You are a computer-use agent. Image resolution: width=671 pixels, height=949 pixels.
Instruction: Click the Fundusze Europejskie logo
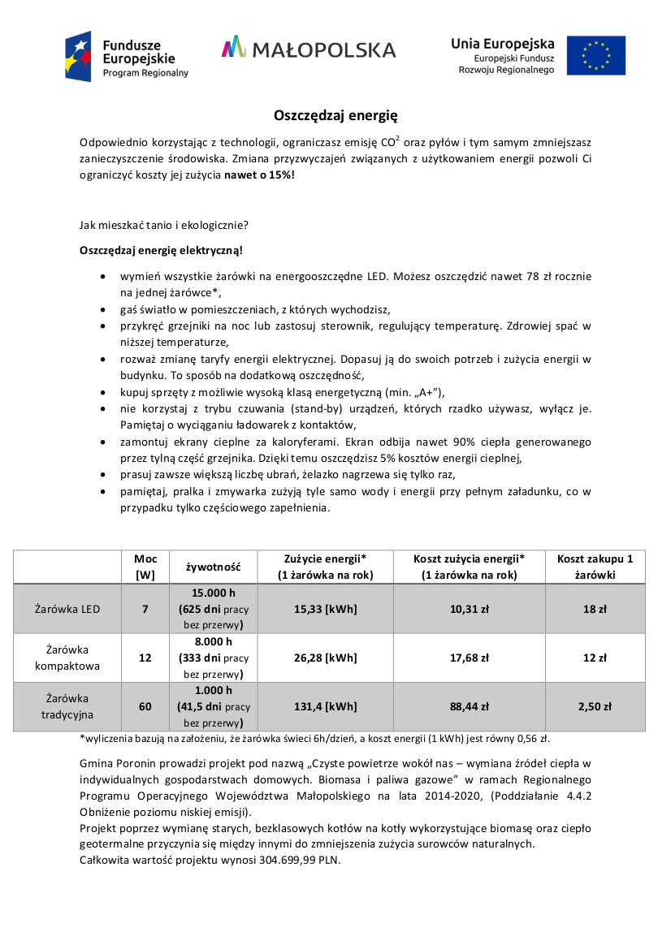[127, 56]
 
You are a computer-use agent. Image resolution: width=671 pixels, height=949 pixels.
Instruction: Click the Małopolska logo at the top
[309, 49]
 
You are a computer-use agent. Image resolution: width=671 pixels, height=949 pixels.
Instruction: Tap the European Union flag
[595, 56]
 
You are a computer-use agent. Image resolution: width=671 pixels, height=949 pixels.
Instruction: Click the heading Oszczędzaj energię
[335, 115]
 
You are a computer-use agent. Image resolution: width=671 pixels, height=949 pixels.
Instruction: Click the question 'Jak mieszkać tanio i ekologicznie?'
[164, 225]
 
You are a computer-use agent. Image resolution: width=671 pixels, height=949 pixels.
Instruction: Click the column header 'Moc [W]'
[145, 567]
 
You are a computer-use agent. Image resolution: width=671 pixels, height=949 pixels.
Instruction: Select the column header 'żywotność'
[214, 567]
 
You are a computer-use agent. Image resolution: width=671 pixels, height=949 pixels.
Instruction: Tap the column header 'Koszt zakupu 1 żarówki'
[595, 567]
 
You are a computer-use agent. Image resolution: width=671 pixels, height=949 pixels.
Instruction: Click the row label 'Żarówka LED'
[67, 608]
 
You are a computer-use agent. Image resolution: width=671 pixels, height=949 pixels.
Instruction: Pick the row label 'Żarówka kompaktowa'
[67, 658]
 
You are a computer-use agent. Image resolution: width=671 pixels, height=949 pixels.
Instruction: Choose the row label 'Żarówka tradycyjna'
[67, 706]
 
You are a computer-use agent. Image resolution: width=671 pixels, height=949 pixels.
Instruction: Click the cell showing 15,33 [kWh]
[325, 608]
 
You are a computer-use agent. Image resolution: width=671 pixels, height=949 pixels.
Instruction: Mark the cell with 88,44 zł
[469, 706]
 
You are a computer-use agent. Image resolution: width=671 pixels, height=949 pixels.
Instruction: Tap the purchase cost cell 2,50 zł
[595, 706]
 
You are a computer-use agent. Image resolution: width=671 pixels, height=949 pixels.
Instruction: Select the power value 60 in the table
[145, 706]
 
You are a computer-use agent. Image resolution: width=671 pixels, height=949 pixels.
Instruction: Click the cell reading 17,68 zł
[469, 658]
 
